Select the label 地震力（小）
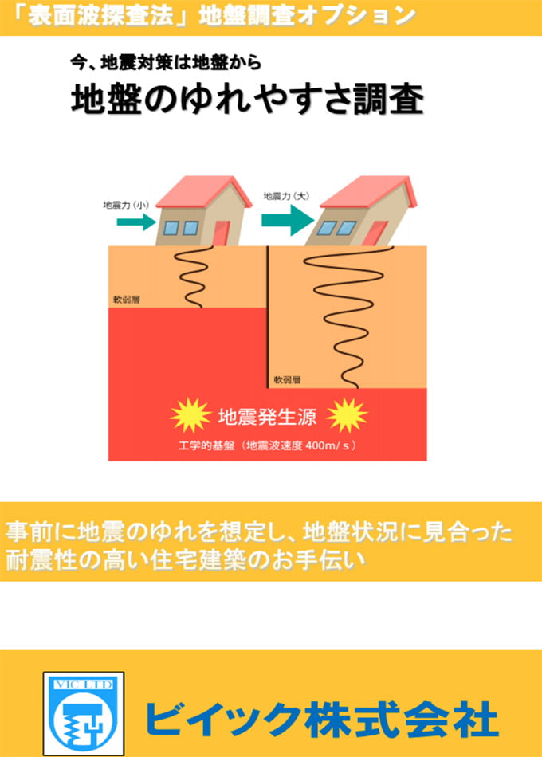coord(127,205)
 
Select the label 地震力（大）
coord(286,195)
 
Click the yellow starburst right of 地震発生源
coord(347,415)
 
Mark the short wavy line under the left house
coord(191,276)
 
